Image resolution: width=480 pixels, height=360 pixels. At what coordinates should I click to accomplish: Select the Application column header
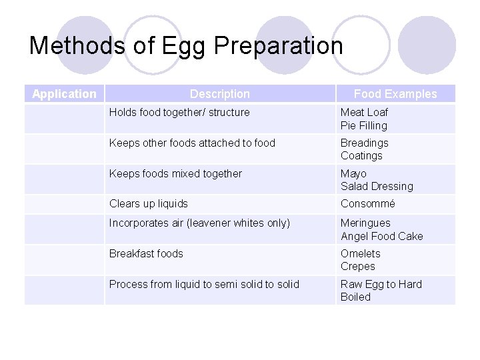pyautogui.click(x=64, y=94)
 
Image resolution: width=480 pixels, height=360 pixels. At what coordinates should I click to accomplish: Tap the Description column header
pyautogui.click(x=219, y=94)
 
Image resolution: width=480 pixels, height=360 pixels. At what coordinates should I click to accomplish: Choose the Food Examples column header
pyautogui.click(x=395, y=94)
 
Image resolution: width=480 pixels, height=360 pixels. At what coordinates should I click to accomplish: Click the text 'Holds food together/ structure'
pyautogui.click(x=179, y=113)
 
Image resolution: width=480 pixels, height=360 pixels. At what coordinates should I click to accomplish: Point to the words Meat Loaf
pyautogui.click(x=364, y=113)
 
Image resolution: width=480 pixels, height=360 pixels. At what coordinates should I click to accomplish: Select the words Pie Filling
pyautogui.click(x=363, y=125)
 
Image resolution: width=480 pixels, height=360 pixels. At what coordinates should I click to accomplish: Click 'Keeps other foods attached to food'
pyautogui.click(x=192, y=143)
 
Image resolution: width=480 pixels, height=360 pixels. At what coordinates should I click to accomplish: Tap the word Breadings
pyautogui.click(x=365, y=143)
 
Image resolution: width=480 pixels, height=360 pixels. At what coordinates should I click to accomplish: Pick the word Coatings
pyautogui.click(x=361, y=155)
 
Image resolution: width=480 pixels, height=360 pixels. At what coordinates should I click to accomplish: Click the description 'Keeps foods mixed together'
pyautogui.click(x=175, y=173)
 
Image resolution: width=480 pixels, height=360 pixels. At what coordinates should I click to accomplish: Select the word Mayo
pyautogui.click(x=353, y=173)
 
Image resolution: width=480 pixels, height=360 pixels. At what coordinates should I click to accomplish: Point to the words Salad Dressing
pyautogui.click(x=377, y=186)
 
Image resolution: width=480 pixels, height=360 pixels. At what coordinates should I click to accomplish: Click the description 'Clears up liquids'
pyautogui.click(x=149, y=204)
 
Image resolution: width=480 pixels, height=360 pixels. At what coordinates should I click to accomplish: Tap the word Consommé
pyautogui.click(x=368, y=204)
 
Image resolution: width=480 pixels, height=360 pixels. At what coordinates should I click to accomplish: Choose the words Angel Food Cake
pyautogui.click(x=381, y=236)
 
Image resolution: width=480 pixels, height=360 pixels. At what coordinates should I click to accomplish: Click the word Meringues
pyautogui.click(x=365, y=223)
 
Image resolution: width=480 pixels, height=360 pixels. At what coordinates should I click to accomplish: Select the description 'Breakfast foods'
pyautogui.click(x=146, y=253)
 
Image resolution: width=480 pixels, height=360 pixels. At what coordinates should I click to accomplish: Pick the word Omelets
pyautogui.click(x=361, y=253)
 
